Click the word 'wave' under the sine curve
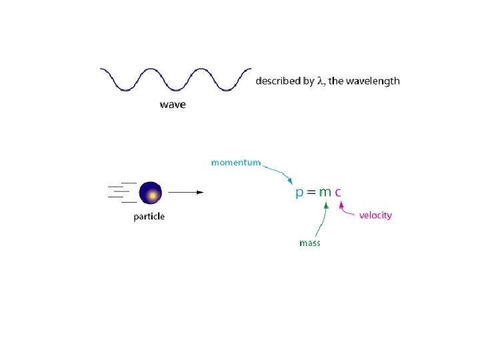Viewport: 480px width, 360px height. [173, 105]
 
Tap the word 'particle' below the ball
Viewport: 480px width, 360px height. [149, 217]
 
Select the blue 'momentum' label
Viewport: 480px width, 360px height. [235, 162]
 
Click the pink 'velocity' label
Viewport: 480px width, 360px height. [375, 215]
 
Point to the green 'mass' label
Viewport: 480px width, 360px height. [309, 243]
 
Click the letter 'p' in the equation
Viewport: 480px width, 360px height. [300, 193]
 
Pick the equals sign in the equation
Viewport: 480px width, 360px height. [311, 192]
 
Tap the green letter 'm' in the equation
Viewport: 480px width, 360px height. [325, 192]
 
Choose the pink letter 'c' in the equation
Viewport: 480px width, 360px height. [338, 192]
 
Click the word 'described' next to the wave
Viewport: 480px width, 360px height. [279, 81]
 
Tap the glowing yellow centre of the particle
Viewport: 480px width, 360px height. [153, 195]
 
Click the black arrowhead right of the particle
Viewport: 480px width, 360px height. [199, 192]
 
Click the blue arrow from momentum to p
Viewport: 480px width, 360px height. [280, 173]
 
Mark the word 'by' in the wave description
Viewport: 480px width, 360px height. [308, 81]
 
